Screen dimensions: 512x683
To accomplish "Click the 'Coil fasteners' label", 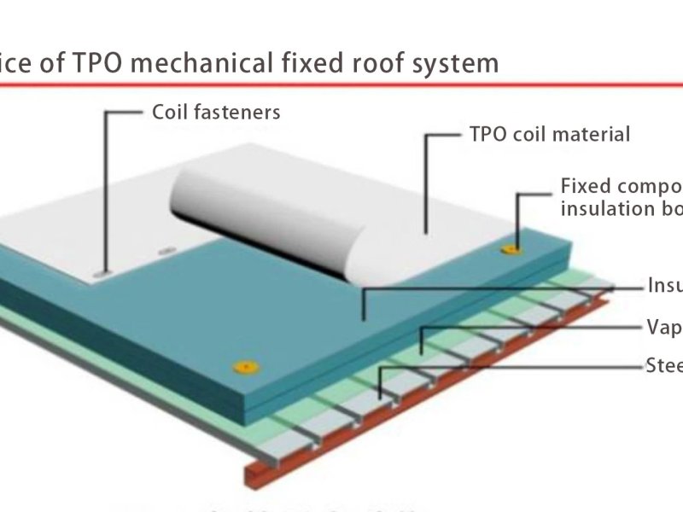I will (215, 112).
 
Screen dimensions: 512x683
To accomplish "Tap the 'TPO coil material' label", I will (549, 135).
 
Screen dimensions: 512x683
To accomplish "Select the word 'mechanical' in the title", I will (196, 62).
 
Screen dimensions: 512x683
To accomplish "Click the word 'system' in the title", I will (454, 62).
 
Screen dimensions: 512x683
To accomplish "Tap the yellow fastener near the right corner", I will (511, 249).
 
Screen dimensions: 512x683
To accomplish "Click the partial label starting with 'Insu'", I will (665, 286).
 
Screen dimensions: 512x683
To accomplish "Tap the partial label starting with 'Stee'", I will (664, 366).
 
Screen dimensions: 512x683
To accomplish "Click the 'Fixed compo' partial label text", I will (621, 187).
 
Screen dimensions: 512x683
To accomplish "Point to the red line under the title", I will (341, 84).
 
